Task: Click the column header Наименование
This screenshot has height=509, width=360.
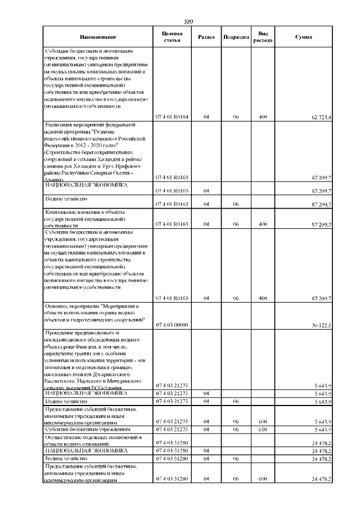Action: [x=98, y=37]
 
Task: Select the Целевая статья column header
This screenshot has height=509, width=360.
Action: [x=172, y=37]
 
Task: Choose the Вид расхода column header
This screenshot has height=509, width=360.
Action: [x=262, y=37]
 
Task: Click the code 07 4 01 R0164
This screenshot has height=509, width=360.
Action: [x=172, y=118]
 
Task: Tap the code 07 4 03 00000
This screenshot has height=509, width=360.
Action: [x=172, y=325]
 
